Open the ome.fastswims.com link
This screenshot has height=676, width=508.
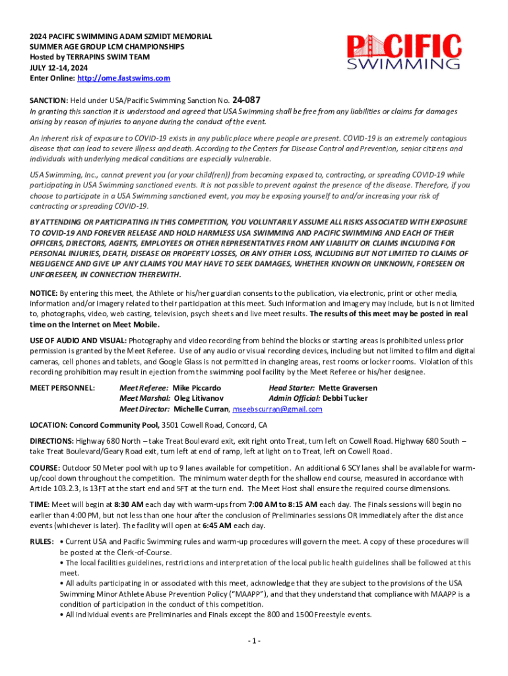coord(123,78)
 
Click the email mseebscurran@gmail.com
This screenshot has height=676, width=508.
coord(278,409)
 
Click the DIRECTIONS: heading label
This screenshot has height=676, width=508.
coord(51,440)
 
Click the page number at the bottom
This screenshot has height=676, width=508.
coord(254,641)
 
